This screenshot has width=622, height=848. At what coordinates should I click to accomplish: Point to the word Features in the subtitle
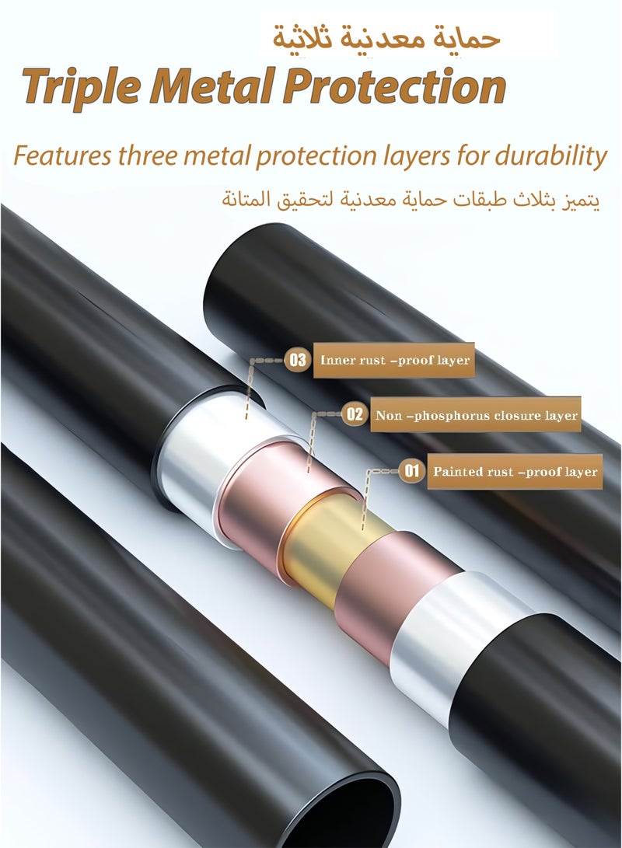point(63,156)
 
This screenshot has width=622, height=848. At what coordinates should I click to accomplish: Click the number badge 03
point(298,360)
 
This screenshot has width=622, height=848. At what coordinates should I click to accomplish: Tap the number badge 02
point(355,415)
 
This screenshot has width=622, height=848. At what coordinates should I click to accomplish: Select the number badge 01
point(412,471)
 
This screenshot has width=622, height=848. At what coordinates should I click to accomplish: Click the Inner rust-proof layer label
point(394,360)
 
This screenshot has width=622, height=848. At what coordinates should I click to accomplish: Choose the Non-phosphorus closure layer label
point(476,415)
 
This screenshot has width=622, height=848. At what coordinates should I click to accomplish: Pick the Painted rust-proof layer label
point(515,472)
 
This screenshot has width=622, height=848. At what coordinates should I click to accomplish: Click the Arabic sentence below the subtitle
point(411,199)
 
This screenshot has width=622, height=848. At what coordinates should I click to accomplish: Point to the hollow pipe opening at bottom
point(346,811)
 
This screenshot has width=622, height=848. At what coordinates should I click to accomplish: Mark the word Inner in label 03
point(335,360)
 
